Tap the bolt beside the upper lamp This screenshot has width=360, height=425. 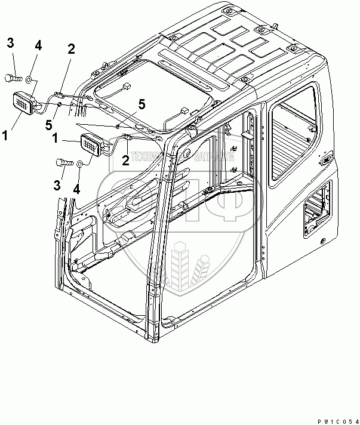tap(13, 77)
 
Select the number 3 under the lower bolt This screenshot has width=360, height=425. tap(57, 186)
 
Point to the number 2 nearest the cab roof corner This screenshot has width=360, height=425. tap(70, 50)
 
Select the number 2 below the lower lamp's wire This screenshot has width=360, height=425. tap(125, 159)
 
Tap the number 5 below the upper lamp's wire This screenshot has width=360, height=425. tap(50, 124)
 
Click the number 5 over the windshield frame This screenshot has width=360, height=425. tap(141, 104)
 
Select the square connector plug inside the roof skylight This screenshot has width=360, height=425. tap(127, 87)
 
